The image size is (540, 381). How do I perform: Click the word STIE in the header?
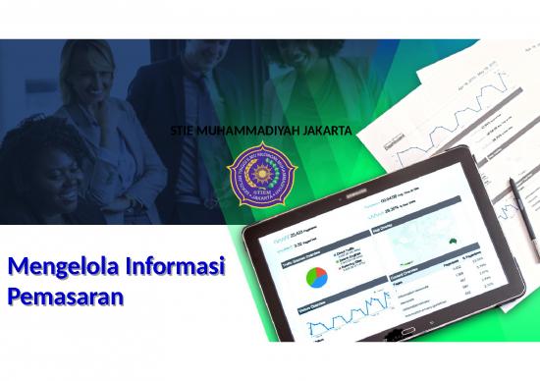(183, 131)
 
